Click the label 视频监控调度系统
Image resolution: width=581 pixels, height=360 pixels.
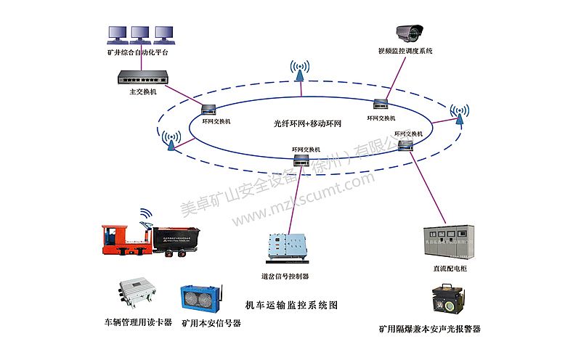[x=405, y=52]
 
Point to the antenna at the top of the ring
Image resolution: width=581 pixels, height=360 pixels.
[x=298, y=70]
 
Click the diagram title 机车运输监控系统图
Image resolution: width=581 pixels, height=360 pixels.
[x=292, y=305]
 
